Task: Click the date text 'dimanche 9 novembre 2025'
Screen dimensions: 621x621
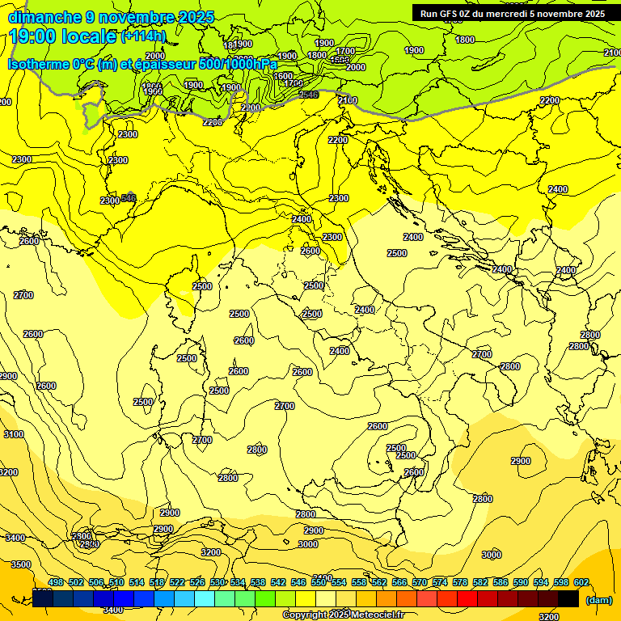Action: [111, 17]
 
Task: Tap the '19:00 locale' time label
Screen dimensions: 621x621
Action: [63, 36]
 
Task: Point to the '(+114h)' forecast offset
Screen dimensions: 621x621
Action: [143, 36]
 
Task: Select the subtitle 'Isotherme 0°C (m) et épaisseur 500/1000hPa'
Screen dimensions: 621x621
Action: [142, 64]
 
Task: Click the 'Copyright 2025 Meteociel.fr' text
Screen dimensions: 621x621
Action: [344, 615]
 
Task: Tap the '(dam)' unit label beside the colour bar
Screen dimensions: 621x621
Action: [598, 599]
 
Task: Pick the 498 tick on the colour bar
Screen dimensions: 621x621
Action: [56, 582]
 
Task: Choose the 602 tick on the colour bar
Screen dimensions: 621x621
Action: [581, 582]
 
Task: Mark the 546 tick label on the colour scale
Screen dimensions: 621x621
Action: [298, 582]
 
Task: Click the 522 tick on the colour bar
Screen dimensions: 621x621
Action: [177, 582]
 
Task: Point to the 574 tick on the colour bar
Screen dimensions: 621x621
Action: [440, 582]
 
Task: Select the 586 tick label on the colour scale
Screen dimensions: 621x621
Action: [501, 582]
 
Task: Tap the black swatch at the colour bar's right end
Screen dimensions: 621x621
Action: [568, 599]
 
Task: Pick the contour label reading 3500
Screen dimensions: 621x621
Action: [22, 564]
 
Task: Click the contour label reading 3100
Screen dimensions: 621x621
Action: [14, 434]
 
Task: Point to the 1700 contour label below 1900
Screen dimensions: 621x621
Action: [345, 52]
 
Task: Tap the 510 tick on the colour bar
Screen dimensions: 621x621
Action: [116, 582]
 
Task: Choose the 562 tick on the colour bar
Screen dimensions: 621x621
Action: [379, 582]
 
